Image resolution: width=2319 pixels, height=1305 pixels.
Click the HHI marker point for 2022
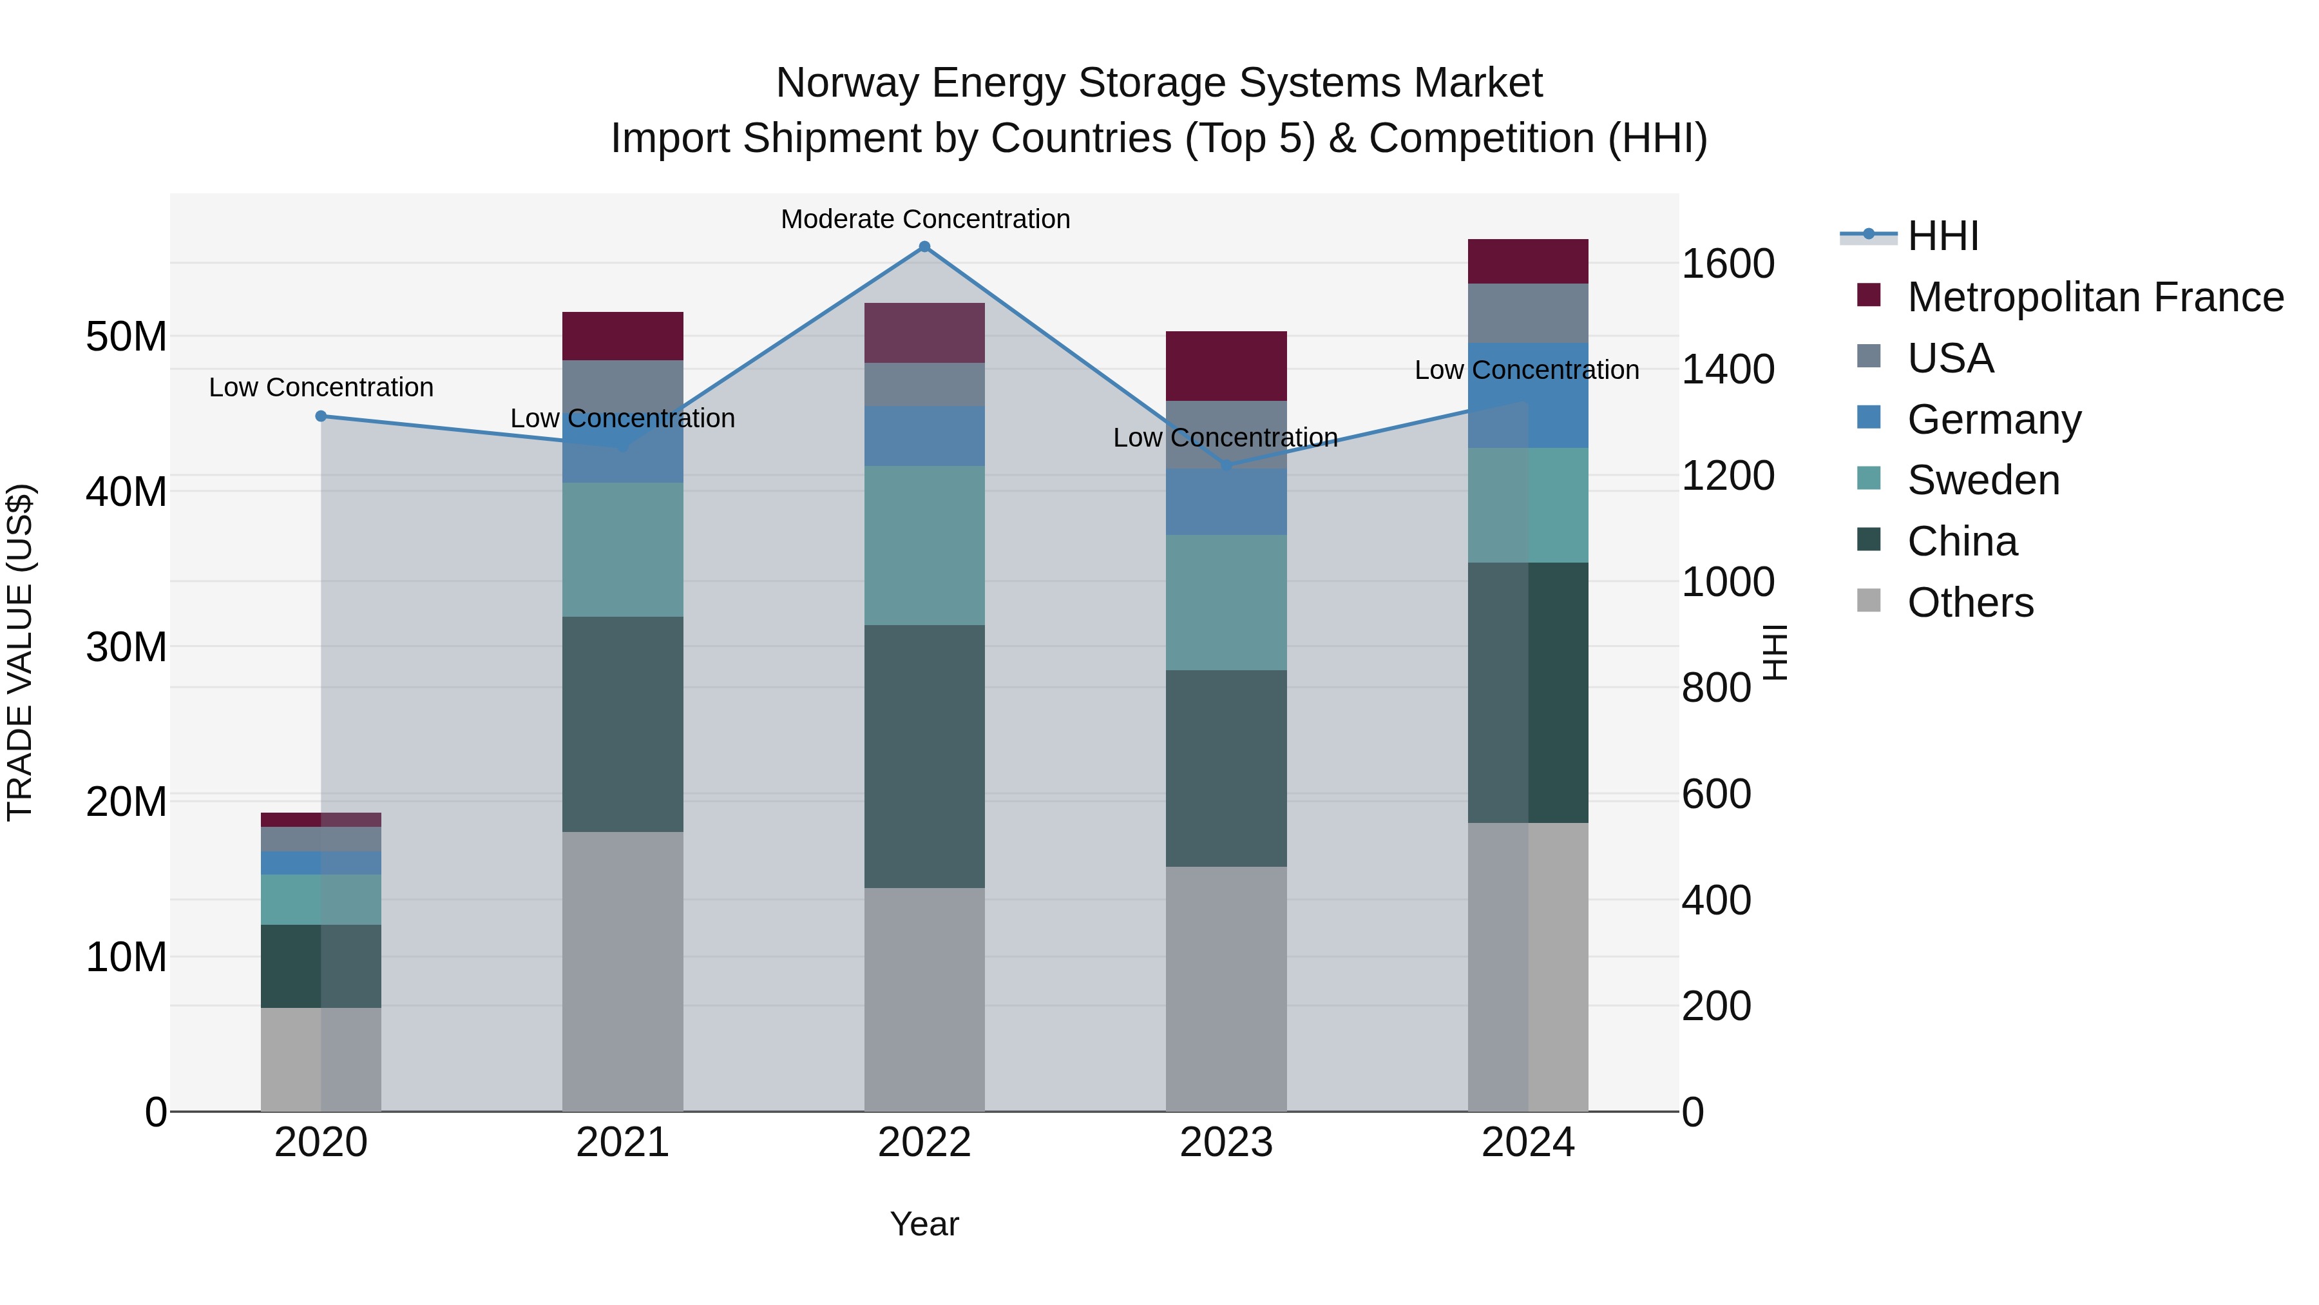point(924,247)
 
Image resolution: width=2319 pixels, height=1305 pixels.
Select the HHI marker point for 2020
point(321,416)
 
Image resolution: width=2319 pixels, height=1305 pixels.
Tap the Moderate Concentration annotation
point(924,219)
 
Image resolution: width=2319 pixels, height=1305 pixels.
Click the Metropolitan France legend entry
point(2095,297)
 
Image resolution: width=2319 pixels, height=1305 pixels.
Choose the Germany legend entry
point(1993,420)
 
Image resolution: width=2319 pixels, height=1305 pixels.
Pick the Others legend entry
point(1970,603)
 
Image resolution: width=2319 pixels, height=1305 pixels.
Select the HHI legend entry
point(1943,236)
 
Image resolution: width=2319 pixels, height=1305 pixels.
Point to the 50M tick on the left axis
point(126,337)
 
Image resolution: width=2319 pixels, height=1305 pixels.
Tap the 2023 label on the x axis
point(1226,1143)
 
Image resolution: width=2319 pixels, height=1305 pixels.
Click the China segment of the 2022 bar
point(924,757)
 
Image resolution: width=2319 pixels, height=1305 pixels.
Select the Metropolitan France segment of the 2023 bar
point(1226,365)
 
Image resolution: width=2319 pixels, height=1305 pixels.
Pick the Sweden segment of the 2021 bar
point(623,549)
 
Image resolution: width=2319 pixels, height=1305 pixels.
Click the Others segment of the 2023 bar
point(1226,989)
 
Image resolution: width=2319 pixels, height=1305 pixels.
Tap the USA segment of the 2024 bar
point(1528,313)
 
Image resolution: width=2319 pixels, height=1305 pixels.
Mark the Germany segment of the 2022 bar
point(924,436)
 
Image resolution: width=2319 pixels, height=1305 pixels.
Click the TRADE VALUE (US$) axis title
point(20,652)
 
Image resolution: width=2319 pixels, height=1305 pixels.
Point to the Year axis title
point(924,1224)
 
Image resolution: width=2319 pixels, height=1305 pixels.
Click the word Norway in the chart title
point(846,83)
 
